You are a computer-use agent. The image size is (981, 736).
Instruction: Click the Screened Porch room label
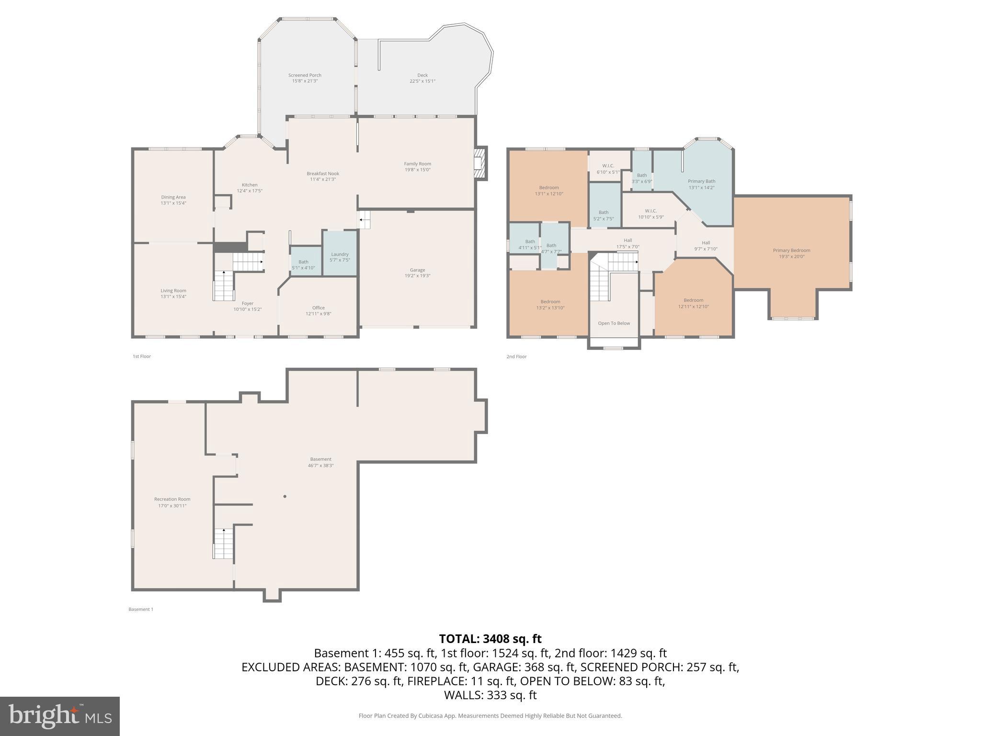[x=305, y=75]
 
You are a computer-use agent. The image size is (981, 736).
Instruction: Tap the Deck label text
[x=422, y=75]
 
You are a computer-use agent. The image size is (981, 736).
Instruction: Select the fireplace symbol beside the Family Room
[x=479, y=163]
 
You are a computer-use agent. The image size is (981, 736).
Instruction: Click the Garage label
[x=417, y=270]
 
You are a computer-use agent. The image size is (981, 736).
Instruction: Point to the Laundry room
[x=339, y=254]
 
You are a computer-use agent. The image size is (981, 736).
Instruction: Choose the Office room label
[x=318, y=308]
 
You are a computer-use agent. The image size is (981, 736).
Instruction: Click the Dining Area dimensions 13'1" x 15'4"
[x=173, y=203]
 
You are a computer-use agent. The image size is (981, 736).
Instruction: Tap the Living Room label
[x=173, y=290]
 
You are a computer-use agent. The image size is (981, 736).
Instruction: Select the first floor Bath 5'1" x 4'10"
[x=303, y=264]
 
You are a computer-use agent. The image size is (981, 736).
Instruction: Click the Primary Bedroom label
[x=791, y=250]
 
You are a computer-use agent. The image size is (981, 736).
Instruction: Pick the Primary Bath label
[x=701, y=181]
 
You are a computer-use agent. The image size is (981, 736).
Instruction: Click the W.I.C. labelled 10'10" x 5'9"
[x=650, y=214]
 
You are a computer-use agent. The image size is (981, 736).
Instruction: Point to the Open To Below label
[x=614, y=323]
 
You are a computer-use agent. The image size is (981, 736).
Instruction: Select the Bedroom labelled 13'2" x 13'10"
[x=550, y=305]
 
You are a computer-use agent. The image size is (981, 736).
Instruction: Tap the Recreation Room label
[x=172, y=499]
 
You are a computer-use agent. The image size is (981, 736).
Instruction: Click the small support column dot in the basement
[x=285, y=496]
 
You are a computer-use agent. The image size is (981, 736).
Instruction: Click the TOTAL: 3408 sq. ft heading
[x=490, y=639]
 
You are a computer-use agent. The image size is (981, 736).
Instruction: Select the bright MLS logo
[x=60, y=716]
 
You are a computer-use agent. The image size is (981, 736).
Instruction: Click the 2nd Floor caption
[x=516, y=356]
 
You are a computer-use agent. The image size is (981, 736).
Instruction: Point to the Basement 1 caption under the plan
[x=141, y=609]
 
